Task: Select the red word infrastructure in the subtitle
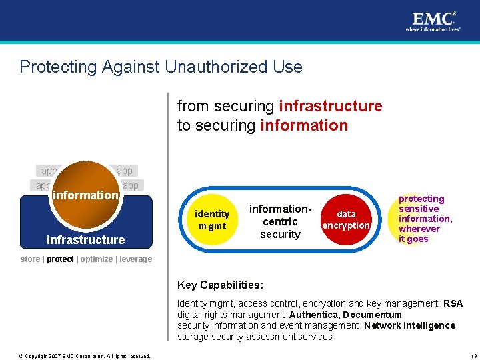331,106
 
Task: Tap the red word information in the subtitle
305,125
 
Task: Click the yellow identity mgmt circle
212,220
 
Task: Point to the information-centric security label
280,221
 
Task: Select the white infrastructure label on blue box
85,240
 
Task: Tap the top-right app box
125,171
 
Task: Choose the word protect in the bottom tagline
61,259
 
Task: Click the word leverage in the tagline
135,259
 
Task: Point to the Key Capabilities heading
220,285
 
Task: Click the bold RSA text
453,304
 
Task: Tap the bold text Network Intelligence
409,326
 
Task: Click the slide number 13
473,355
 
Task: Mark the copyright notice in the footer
85,355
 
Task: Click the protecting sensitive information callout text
424,219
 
